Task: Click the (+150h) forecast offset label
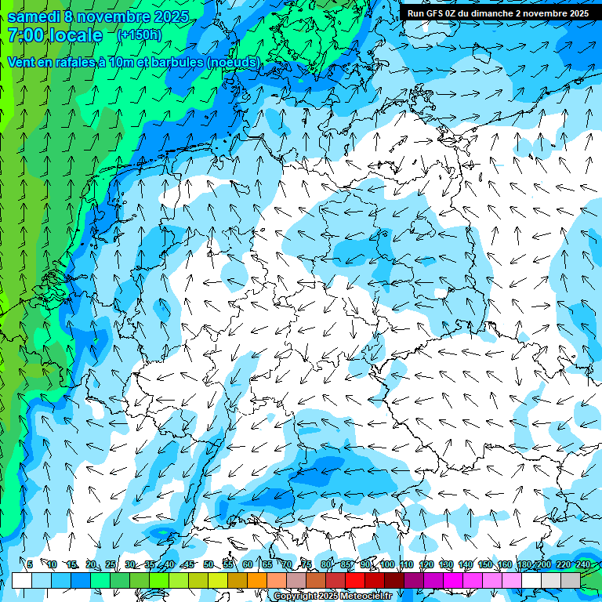139,35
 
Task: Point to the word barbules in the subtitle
177,62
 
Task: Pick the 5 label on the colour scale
30,564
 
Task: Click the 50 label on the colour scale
208,564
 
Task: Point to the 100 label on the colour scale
387,564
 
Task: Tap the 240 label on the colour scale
583,564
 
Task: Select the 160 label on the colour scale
505,564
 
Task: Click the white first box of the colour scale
21,580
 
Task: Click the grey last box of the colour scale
571,580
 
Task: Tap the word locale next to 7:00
74,35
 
